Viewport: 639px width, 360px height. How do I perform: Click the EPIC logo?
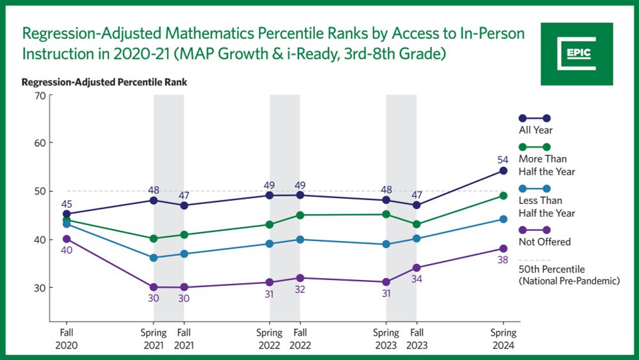[576, 54]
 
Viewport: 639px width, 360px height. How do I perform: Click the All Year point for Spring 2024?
[504, 171]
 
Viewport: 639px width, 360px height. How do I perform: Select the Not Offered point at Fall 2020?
[66, 239]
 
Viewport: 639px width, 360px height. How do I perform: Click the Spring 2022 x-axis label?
[270, 338]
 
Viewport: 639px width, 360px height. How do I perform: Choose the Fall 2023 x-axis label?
[416, 338]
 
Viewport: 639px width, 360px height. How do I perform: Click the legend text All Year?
[535, 130]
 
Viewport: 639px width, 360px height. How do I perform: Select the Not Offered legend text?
[544, 242]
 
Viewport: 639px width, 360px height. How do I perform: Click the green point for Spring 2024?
[504, 196]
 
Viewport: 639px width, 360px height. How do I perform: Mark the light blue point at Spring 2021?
[153, 258]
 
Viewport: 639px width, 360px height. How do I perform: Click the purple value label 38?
[504, 261]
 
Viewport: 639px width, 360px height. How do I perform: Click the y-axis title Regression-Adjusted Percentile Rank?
[104, 82]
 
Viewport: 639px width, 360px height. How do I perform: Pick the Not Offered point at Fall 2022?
[300, 278]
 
